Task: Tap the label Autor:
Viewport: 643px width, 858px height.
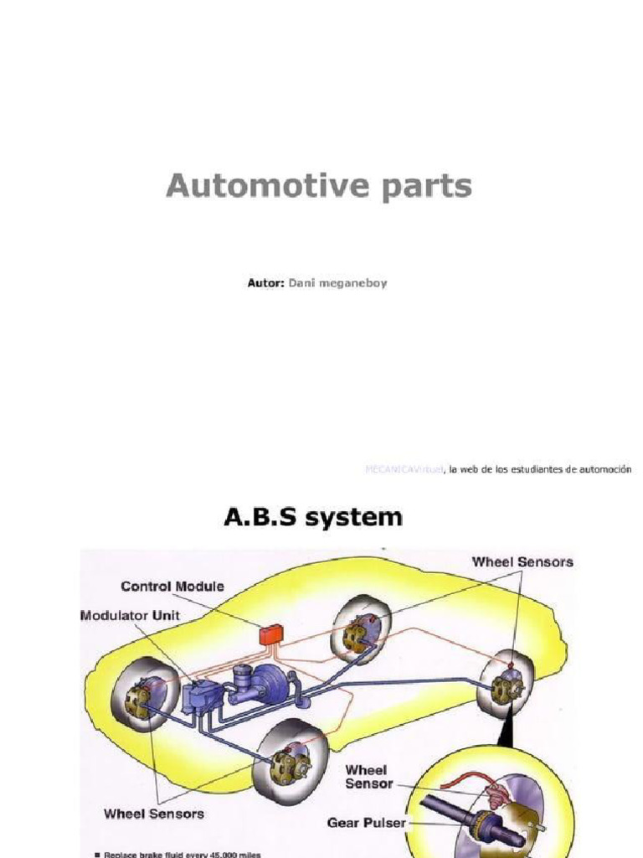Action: [265, 283]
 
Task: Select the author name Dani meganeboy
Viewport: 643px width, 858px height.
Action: [338, 283]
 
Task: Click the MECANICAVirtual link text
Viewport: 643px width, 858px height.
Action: [404, 470]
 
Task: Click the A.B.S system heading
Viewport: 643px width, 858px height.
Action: [312, 518]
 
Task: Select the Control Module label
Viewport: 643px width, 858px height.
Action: [172, 587]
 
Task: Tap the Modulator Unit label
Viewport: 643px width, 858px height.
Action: [130, 615]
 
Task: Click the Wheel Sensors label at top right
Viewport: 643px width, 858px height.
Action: [522, 561]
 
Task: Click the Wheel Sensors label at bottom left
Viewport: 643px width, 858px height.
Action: [154, 813]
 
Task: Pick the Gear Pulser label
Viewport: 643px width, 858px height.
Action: [367, 823]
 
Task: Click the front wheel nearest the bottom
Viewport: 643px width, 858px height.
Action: [291, 761]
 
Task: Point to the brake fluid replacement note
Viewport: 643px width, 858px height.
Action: [182, 854]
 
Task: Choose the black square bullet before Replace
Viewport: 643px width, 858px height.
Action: [97, 854]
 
